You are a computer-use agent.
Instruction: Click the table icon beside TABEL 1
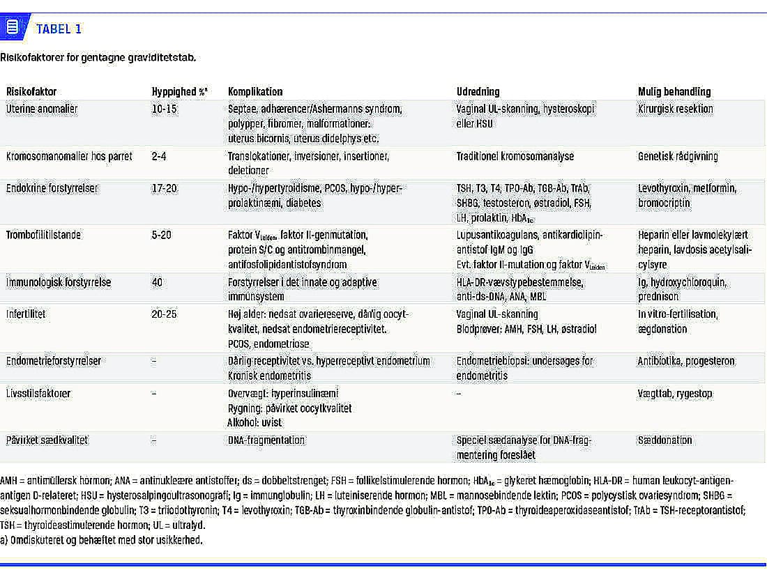[x=12, y=28]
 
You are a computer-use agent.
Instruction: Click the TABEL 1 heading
[x=59, y=29]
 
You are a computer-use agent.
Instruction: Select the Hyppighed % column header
[x=179, y=92]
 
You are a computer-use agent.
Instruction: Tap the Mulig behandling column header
[x=674, y=92]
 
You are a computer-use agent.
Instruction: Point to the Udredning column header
[x=478, y=92]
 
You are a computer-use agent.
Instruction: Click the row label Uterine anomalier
[x=42, y=109]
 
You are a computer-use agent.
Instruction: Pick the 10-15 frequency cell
[x=165, y=109]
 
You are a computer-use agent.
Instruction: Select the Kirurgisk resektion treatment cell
[x=676, y=109]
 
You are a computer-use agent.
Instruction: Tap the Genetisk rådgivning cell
[x=678, y=156]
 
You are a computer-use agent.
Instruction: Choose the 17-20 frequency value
[x=165, y=188]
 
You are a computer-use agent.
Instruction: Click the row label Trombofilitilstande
[x=43, y=235]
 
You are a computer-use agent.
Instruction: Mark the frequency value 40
[x=158, y=282]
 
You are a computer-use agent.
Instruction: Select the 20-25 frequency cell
[x=165, y=314]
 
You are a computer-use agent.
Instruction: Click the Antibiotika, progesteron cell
[x=686, y=361]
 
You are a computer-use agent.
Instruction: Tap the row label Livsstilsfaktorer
[x=38, y=394]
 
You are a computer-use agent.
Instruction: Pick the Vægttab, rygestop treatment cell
[x=675, y=394]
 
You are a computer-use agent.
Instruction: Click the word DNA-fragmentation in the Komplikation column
[x=266, y=440]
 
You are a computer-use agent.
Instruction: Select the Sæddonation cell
[x=665, y=440]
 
